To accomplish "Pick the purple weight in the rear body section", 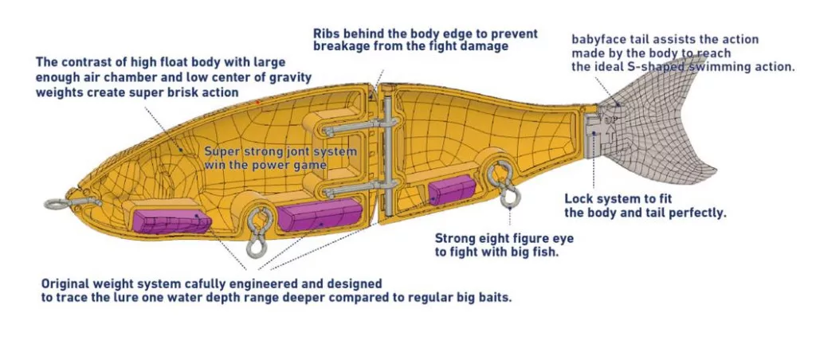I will pyautogui.click(x=451, y=191).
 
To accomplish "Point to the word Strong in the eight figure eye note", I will pyautogui.click(x=455, y=238).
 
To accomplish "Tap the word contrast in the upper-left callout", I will pyautogui.click(x=87, y=61).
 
